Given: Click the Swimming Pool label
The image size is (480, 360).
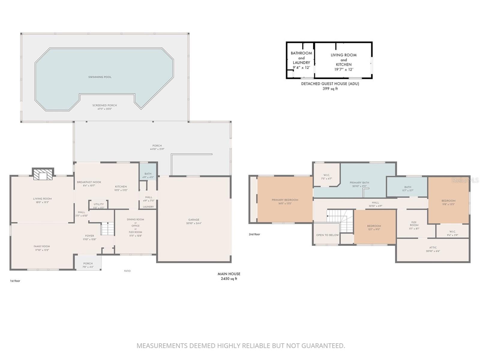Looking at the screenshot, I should pyautogui.click(x=100, y=77).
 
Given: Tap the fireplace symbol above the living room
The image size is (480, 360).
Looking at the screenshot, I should pyautogui.click(x=43, y=175).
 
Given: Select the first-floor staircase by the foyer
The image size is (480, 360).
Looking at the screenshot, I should pyautogui.click(x=107, y=229).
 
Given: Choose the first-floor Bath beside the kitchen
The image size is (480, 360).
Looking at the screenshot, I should pyautogui.click(x=148, y=175).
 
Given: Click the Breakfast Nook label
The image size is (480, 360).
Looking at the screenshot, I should pyautogui.click(x=89, y=182).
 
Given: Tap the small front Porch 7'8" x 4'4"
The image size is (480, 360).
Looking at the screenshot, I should pyautogui.click(x=88, y=265).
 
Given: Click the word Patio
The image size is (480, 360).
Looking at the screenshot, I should pyautogui.click(x=127, y=271).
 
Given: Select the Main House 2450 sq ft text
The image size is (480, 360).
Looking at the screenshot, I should pyautogui.click(x=229, y=276).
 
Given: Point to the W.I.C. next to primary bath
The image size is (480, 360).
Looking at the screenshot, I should pyautogui.click(x=326, y=176).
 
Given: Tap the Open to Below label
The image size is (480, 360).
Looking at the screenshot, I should pyautogui.click(x=327, y=235).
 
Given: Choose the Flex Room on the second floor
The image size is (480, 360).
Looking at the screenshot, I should pyautogui.click(x=414, y=225).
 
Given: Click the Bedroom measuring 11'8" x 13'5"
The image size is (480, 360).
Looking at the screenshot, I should pyautogui.click(x=448, y=202).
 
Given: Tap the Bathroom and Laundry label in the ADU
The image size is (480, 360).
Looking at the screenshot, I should pyautogui.click(x=301, y=60).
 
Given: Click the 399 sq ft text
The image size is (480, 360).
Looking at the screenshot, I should pyautogui.click(x=330, y=89).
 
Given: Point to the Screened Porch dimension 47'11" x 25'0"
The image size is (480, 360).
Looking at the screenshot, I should pyautogui.click(x=104, y=109).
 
